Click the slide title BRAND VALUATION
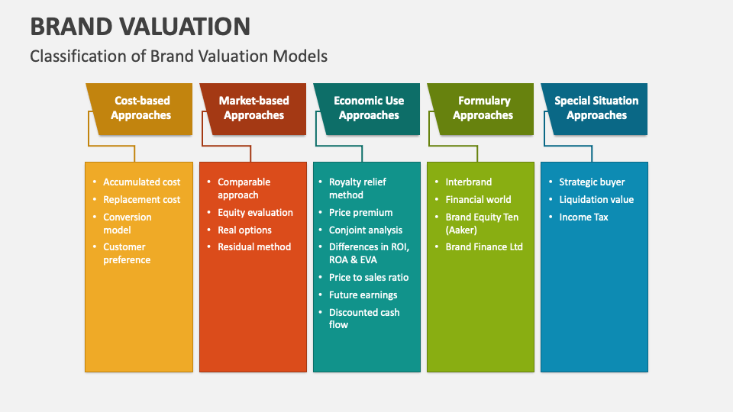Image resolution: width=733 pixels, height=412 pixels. tap(140, 27)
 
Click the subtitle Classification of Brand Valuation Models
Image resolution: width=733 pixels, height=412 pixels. tap(179, 56)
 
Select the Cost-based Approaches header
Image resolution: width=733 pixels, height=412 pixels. tap(141, 108)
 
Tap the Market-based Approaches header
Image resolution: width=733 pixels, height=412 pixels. tap(253, 108)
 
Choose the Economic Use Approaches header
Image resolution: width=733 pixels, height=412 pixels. tap(369, 108)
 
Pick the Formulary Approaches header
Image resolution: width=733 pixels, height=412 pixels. tap(483, 108)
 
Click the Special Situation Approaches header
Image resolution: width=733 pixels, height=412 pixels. tap(596, 108)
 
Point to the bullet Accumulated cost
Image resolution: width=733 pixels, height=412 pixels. tap(142, 182)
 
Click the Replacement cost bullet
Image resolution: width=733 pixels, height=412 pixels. tap(142, 199)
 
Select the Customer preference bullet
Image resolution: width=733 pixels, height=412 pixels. tap(127, 253)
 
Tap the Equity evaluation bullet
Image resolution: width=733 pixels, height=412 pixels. tap(255, 212)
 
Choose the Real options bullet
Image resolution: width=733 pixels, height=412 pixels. tap(244, 230)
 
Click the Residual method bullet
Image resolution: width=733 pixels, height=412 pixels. tap(254, 246)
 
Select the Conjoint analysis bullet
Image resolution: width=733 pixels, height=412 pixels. tap(366, 230)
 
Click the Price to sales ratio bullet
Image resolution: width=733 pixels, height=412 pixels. tap(369, 277)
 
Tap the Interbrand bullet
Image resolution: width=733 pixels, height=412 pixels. tap(469, 182)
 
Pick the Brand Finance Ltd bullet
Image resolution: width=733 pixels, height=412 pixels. tap(484, 246)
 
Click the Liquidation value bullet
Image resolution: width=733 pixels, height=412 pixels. tap(596, 199)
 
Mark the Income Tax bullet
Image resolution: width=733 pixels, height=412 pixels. tap(583, 217)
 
